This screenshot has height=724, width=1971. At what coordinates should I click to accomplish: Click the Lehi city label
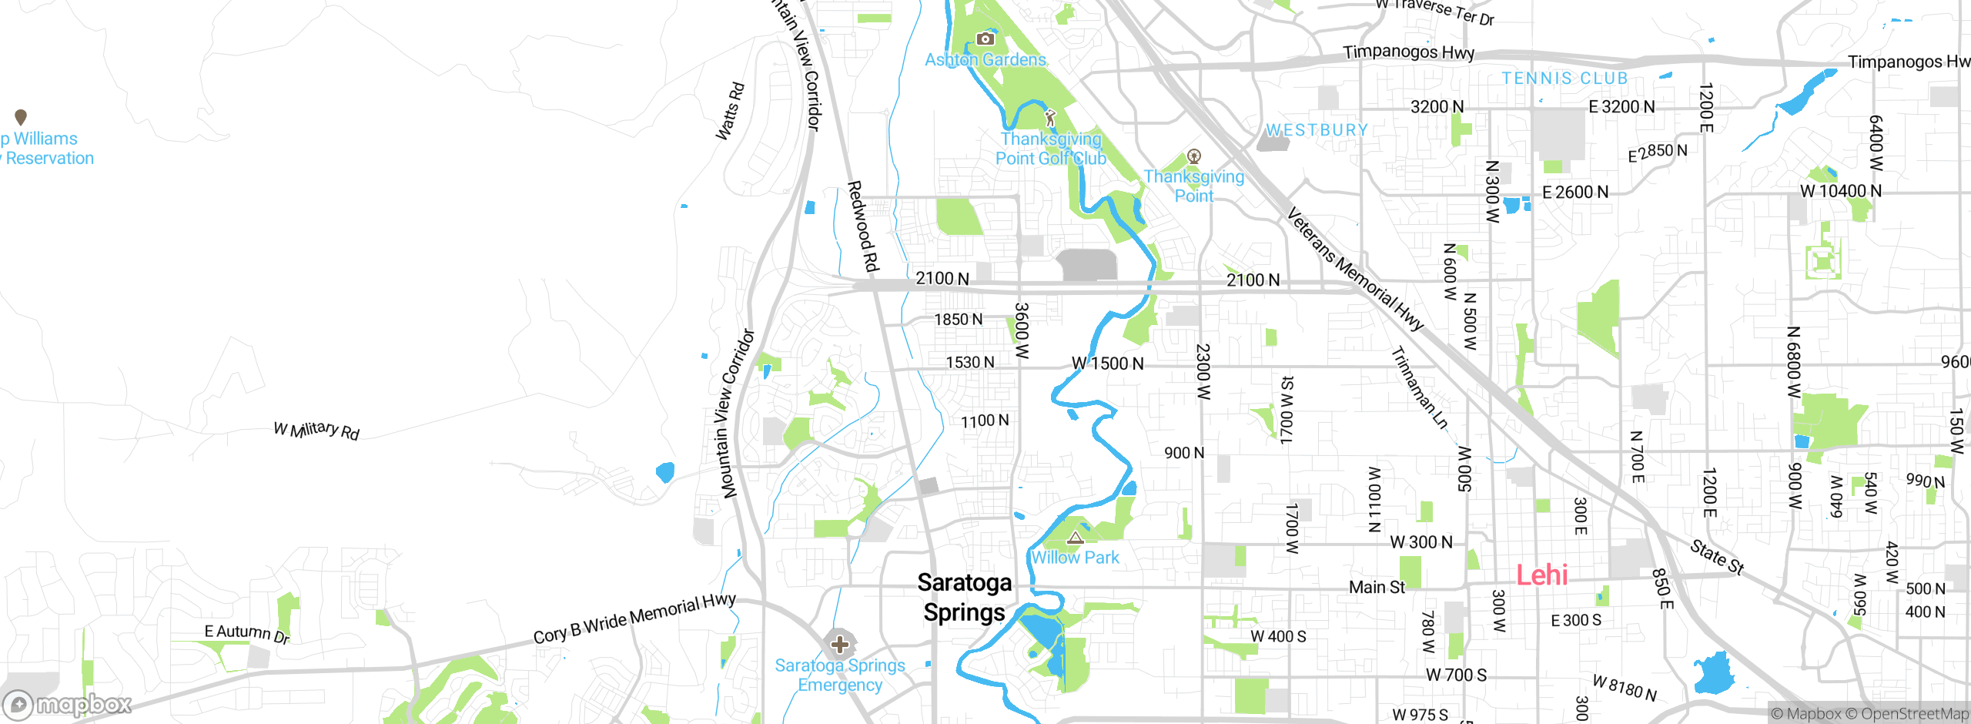[1541, 575]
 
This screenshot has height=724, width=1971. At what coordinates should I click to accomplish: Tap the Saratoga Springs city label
[964, 598]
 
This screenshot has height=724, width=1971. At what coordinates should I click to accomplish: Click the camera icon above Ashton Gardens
[985, 39]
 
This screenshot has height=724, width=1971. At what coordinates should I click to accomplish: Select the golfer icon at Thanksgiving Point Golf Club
[1050, 119]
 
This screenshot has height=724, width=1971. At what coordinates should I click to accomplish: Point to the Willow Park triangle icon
[1075, 537]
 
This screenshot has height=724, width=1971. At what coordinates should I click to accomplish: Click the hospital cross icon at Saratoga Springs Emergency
[839, 644]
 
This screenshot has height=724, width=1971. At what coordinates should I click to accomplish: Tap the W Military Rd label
[316, 430]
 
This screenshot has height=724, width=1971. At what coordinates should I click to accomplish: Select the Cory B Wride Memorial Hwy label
[634, 618]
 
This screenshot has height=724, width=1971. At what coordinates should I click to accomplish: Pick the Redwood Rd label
[863, 226]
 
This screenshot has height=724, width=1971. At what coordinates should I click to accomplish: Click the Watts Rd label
[730, 112]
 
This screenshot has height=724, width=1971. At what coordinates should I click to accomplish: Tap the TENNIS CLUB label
[1564, 79]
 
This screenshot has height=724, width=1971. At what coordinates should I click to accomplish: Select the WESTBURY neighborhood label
[1317, 130]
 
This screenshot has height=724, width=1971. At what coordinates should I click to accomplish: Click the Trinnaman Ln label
[1419, 387]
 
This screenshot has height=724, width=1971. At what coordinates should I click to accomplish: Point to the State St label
[1716, 556]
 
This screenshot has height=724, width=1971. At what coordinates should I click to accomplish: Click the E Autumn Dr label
[246, 633]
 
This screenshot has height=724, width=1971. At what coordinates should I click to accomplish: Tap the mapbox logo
[68, 704]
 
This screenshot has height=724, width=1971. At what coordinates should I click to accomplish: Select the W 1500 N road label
[1107, 364]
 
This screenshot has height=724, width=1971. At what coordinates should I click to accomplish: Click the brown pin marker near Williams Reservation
[21, 117]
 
